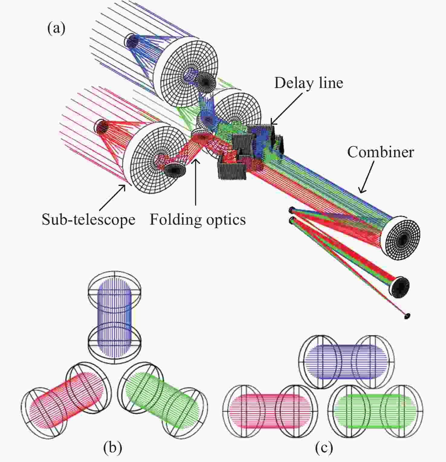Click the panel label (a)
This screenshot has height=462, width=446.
click(x=56, y=29)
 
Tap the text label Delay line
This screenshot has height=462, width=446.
click(x=309, y=83)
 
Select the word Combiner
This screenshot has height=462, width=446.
click(x=380, y=152)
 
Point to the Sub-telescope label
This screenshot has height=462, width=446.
click(x=88, y=220)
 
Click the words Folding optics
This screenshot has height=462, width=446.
click(x=198, y=220)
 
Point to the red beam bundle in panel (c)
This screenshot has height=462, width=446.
click(x=270, y=411)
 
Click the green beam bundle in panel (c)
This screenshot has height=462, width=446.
click(x=375, y=411)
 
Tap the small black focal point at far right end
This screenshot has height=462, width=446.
click(x=407, y=316)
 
